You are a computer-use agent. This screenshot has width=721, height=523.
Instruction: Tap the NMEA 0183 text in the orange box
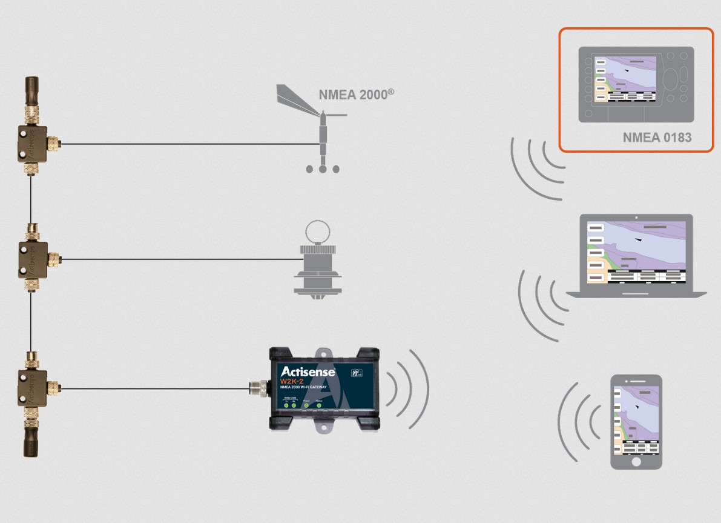coord(657,138)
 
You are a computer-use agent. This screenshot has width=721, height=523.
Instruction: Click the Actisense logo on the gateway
coord(308,371)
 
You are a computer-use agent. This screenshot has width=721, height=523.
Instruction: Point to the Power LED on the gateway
coord(306,405)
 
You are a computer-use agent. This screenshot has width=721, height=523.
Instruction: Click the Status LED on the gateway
coord(319,405)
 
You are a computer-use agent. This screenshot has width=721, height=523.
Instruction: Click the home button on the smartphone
coord(636,461)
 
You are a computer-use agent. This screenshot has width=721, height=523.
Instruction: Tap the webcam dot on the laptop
coord(636,216)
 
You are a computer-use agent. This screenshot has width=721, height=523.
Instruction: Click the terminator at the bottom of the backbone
coord(31,443)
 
